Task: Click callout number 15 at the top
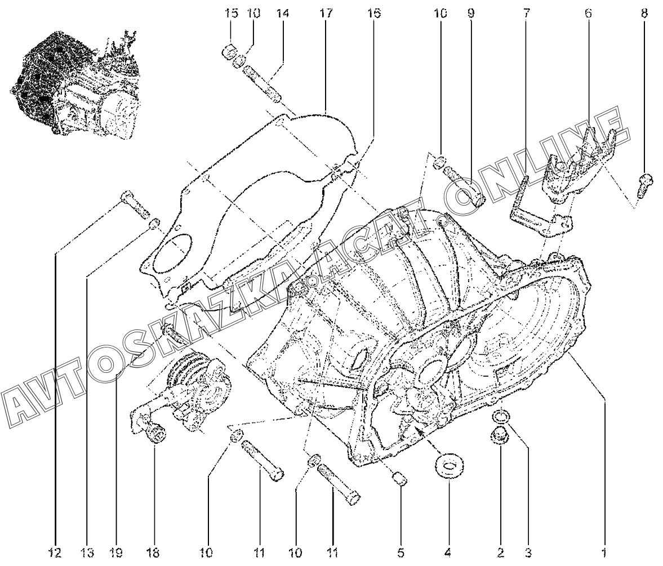click(231, 14)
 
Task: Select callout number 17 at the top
click(326, 14)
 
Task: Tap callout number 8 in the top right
click(643, 14)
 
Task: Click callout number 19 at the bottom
click(117, 552)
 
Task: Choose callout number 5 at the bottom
click(401, 552)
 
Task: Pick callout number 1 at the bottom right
click(604, 552)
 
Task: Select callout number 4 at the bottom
click(448, 552)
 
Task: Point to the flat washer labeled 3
click(501, 418)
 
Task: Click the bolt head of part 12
click(126, 197)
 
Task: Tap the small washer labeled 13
click(155, 223)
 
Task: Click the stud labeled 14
click(262, 82)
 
